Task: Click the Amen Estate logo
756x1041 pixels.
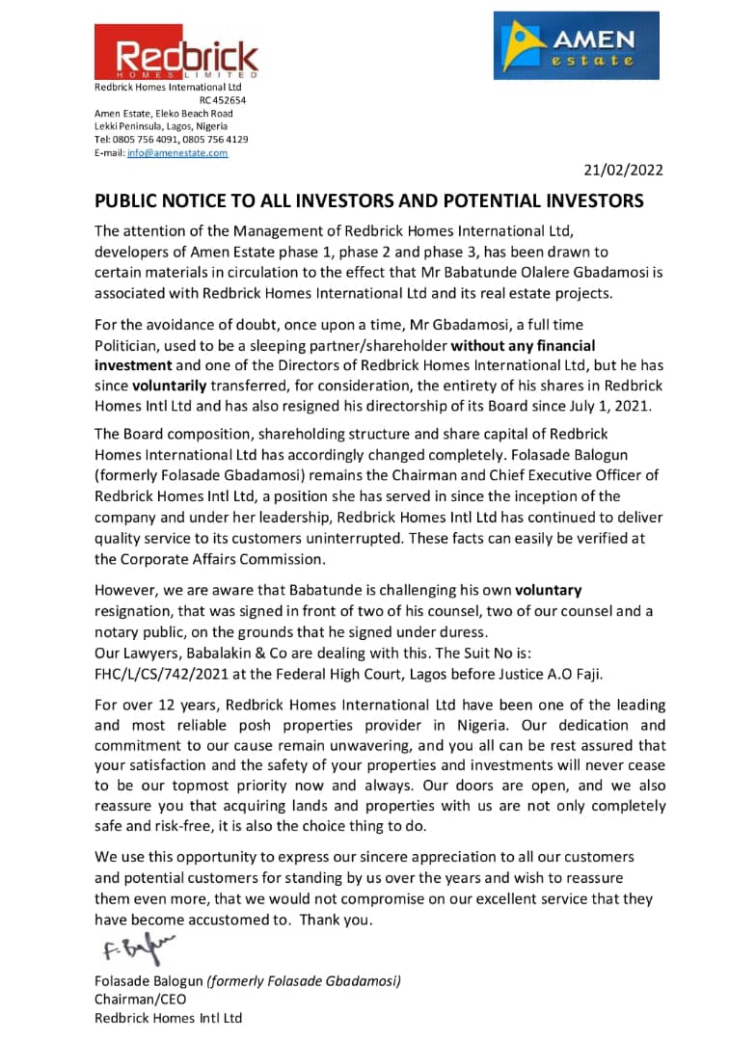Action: [576, 45]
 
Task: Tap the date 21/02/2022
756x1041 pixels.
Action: [623, 171]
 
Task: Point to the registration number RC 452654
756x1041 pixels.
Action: [223, 100]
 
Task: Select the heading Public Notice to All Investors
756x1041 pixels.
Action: [368, 201]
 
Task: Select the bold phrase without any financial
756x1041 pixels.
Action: [524, 345]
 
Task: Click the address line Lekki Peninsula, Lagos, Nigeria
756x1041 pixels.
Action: [161, 126]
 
